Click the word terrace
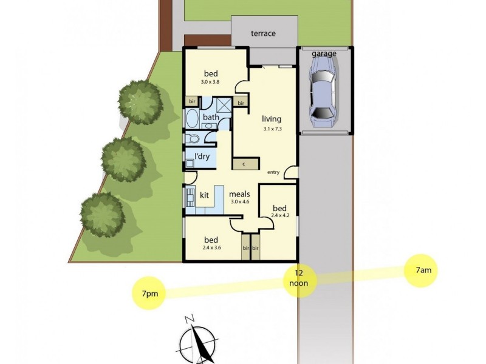(x=263, y=34)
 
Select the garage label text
(x=324, y=54)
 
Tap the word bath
(x=211, y=118)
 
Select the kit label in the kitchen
(x=205, y=195)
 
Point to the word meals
(x=240, y=195)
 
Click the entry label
(x=273, y=172)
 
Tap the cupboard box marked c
(x=244, y=164)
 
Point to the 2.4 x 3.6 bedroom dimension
(x=211, y=247)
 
